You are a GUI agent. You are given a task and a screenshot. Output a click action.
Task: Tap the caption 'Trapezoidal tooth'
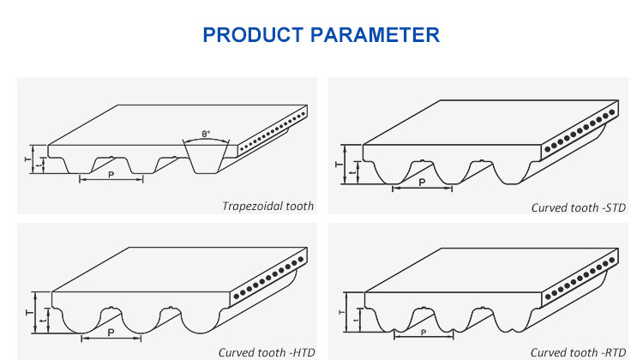267,206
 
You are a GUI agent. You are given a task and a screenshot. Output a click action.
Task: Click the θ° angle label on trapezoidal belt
206,134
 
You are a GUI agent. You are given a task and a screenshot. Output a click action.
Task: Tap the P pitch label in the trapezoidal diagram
111,173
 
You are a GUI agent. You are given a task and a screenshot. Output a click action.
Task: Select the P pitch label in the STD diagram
422,182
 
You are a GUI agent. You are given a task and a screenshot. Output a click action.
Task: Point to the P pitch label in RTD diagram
422,333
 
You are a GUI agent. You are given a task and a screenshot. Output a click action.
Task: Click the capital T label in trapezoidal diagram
26,159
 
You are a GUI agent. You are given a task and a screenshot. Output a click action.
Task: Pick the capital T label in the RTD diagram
340,313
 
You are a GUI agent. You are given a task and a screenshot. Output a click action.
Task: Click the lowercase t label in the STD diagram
353,174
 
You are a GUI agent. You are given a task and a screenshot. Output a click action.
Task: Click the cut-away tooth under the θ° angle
207,159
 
